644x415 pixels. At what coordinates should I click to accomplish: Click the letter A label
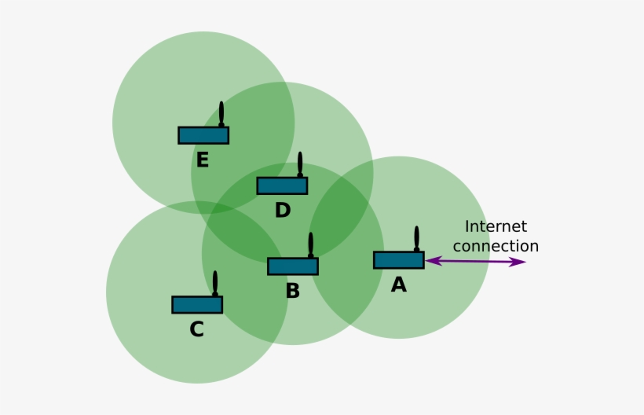(x=399, y=285)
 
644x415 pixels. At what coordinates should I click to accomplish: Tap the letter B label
(x=293, y=291)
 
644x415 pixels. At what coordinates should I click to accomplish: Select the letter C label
(x=196, y=329)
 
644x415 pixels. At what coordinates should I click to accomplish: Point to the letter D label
(x=283, y=210)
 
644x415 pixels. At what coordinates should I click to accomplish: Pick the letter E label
(x=203, y=160)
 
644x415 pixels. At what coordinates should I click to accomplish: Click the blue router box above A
(x=399, y=259)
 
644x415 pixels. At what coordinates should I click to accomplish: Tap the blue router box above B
(x=293, y=266)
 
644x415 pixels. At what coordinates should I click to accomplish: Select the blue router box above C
(x=197, y=304)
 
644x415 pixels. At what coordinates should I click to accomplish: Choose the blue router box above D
(x=282, y=185)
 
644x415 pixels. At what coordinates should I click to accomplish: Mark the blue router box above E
(x=203, y=135)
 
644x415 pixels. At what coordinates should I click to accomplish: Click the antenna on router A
(x=416, y=238)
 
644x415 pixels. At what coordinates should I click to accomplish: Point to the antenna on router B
(x=311, y=244)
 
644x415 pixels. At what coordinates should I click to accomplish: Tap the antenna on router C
(x=214, y=283)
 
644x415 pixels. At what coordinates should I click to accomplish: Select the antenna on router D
(x=299, y=164)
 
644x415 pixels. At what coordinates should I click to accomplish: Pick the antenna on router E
(x=221, y=114)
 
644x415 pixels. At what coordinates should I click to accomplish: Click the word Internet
(x=496, y=226)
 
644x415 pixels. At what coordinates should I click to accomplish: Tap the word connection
(x=496, y=246)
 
